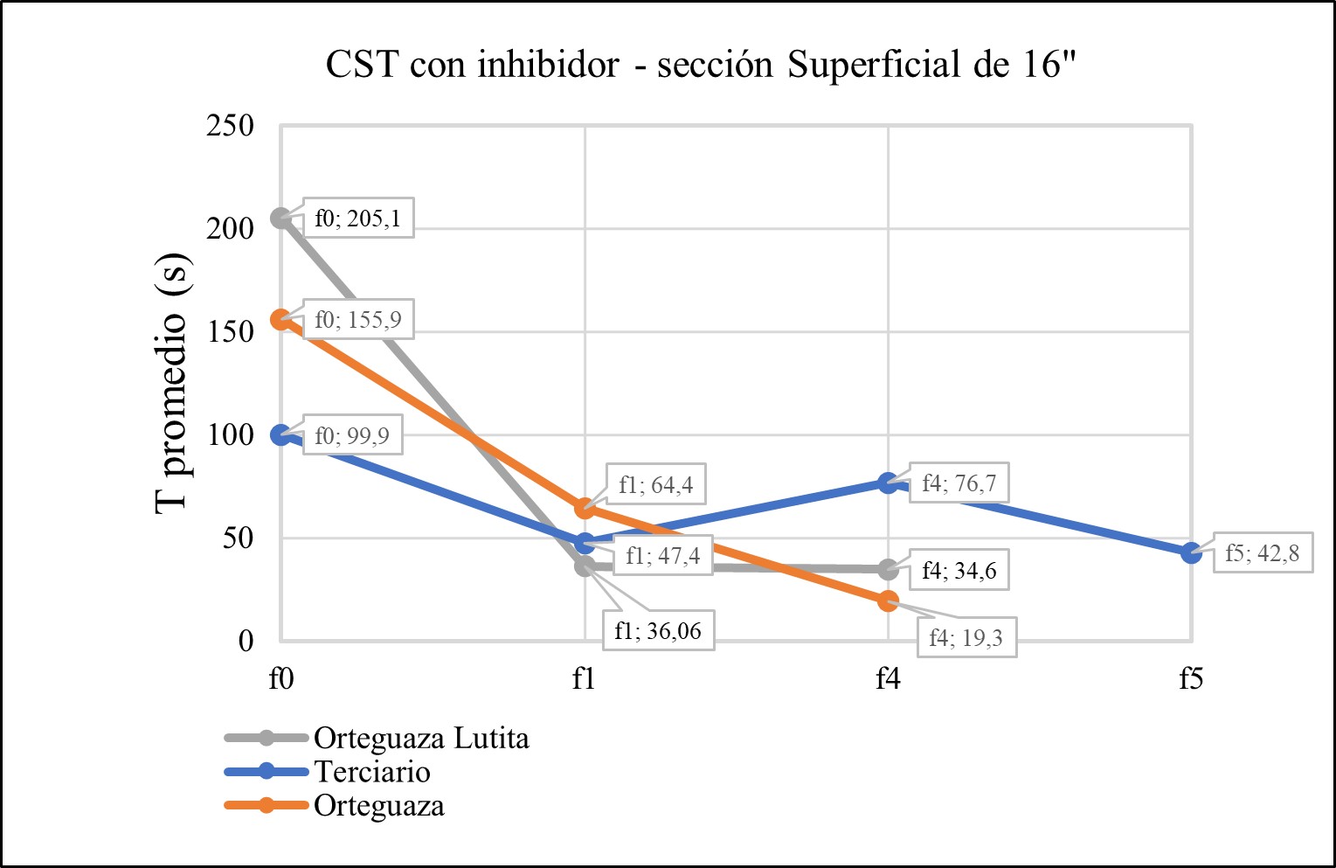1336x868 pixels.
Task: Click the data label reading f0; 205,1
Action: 357,218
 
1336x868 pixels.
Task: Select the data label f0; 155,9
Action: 357,320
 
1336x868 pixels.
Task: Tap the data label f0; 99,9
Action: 351,434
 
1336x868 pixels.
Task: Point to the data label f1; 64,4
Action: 655,484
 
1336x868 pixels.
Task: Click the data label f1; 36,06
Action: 657,630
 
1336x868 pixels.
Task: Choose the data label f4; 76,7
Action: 959,483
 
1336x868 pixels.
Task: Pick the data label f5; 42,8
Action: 1262,552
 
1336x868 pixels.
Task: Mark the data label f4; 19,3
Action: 966,638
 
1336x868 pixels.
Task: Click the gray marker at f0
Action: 280,218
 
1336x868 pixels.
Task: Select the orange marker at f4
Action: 888,601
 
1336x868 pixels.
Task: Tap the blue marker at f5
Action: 1191,552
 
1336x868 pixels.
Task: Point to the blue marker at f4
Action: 888,483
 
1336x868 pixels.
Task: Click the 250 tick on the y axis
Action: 230,126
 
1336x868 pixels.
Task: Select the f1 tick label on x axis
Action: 584,678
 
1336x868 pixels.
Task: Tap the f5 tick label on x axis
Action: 1191,678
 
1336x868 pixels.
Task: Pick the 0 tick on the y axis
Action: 246,641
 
